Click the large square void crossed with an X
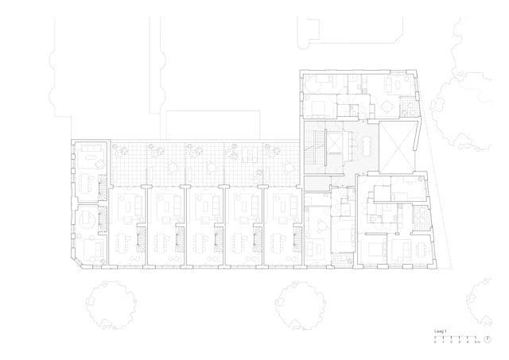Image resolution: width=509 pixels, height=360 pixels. pyautogui.click(x=398, y=145)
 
